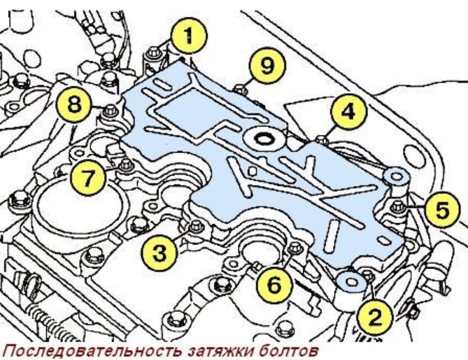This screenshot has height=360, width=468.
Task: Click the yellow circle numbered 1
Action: pos(188,37)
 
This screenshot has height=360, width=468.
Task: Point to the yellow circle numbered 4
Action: pos(348,112)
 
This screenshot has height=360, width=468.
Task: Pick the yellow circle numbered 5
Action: pos(442,210)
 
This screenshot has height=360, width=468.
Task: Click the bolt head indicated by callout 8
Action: pos(110,110)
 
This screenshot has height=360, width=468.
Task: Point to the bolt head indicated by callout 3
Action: pos(196,226)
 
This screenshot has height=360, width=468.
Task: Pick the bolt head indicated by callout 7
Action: pos(125,165)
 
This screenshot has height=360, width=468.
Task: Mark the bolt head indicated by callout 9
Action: pos(240,90)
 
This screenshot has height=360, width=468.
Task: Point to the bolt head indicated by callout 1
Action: pos(154,52)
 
